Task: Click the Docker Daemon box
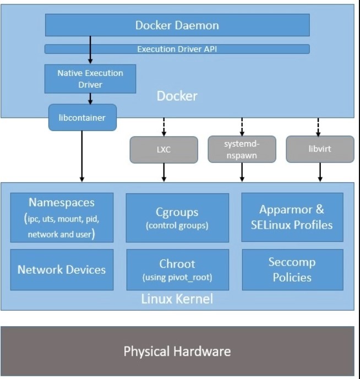pyautogui.click(x=177, y=25)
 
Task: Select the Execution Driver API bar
pyautogui.click(x=177, y=49)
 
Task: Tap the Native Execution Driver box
pyautogui.click(x=90, y=79)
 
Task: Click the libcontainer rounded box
pyautogui.click(x=83, y=117)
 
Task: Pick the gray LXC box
pyautogui.click(x=163, y=149)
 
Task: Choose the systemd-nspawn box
pyautogui.click(x=242, y=149)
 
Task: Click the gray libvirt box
pyautogui.click(x=320, y=149)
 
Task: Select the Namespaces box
pyautogui.click(x=62, y=218)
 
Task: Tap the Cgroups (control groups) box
pyautogui.click(x=177, y=218)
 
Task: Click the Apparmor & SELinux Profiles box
pyautogui.click(x=292, y=218)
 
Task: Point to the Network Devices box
pyautogui.click(x=62, y=269)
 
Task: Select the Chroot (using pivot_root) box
pyautogui.click(x=177, y=269)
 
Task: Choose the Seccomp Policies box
pyautogui.click(x=292, y=269)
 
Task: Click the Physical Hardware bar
pyautogui.click(x=177, y=351)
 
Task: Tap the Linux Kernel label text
pyautogui.click(x=177, y=300)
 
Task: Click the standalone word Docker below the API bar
pyautogui.click(x=177, y=96)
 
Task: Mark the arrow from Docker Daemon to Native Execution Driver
pyautogui.click(x=90, y=50)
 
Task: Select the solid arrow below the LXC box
pyautogui.click(x=163, y=172)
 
